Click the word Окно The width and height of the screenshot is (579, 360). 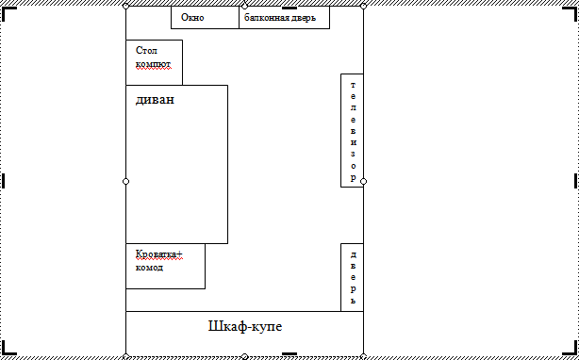[x=192, y=18]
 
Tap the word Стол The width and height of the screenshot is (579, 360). [x=146, y=50]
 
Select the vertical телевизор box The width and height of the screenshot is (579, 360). [x=353, y=130]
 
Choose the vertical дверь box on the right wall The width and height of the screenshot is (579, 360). [x=353, y=277]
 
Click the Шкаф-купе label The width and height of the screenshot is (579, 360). [x=244, y=327]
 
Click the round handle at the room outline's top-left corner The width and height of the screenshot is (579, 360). [x=126, y=6]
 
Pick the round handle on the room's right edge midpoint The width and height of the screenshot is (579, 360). [x=363, y=180]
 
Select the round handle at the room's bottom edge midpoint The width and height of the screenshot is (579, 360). [x=244, y=356]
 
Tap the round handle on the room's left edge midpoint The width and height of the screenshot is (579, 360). [x=126, y=180]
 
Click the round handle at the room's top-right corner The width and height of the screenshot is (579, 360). [x=363, y=6]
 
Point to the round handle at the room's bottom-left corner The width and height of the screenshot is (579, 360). [x=126, y=356]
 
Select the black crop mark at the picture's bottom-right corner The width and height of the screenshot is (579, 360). [x=571, y=352]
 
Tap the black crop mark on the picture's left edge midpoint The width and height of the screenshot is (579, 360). [x=5, y=180]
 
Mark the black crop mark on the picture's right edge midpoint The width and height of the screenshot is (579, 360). [x=573, y=180]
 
